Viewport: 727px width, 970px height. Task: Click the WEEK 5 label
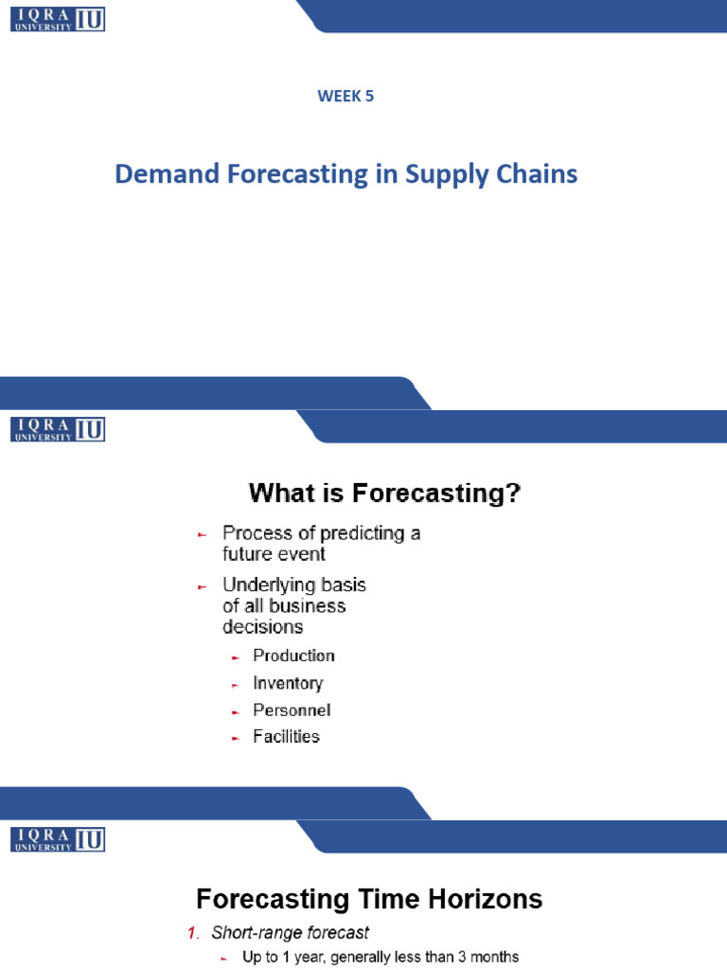(346, 95)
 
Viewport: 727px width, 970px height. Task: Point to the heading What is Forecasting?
(384, 494)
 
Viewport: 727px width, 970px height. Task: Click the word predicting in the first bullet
(358, 533)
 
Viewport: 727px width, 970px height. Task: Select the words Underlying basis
(293, 584)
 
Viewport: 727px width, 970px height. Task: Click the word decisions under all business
(262, 626)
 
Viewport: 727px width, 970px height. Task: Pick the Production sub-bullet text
(293, 656)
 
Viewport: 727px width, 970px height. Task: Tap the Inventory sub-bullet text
(288, 683)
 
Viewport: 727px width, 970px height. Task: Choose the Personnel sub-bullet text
(292, 710)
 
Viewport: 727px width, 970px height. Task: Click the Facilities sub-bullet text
(286, 736)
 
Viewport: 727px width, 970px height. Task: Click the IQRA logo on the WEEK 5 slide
(58, 19)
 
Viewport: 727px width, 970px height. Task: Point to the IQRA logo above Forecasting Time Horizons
(58, 838)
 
